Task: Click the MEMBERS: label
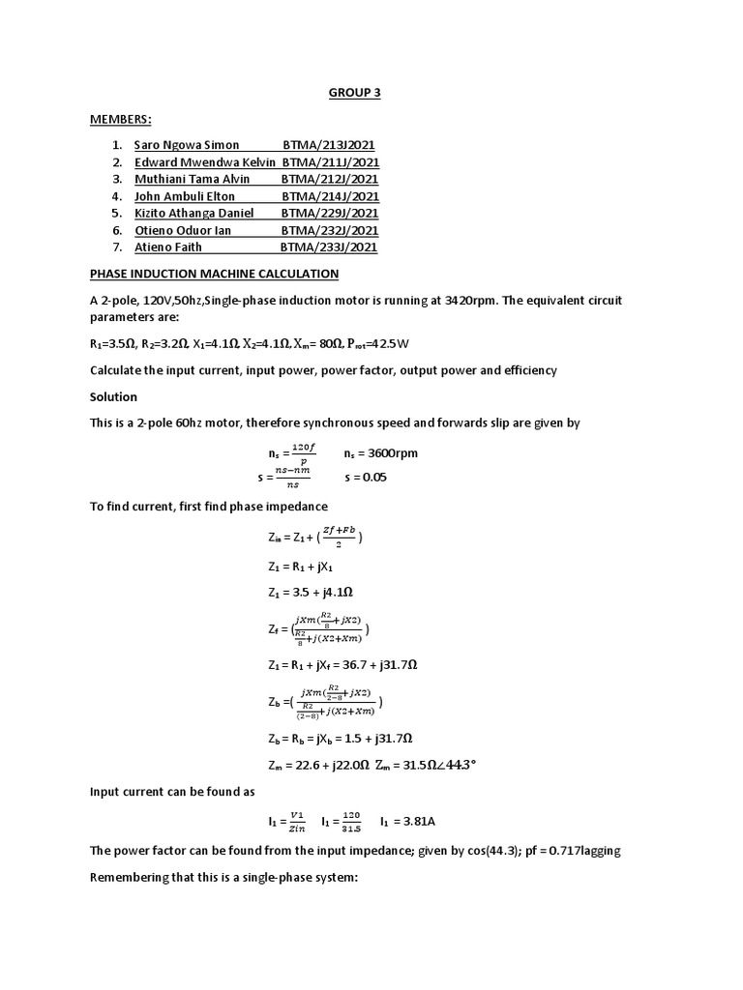click(121, 119)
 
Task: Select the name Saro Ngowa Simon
click(187, 145)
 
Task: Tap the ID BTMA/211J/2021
click(330, 162)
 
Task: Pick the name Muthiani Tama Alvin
click(192, 179)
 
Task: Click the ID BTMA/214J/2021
click(330, 196)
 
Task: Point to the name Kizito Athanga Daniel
click(193, 213)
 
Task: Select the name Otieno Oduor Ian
click(183, 230)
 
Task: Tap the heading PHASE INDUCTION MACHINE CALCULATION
click(214, 275)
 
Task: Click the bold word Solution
click(113, 397)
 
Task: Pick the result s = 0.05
click(366, 478)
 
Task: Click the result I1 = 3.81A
click(414, 822)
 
